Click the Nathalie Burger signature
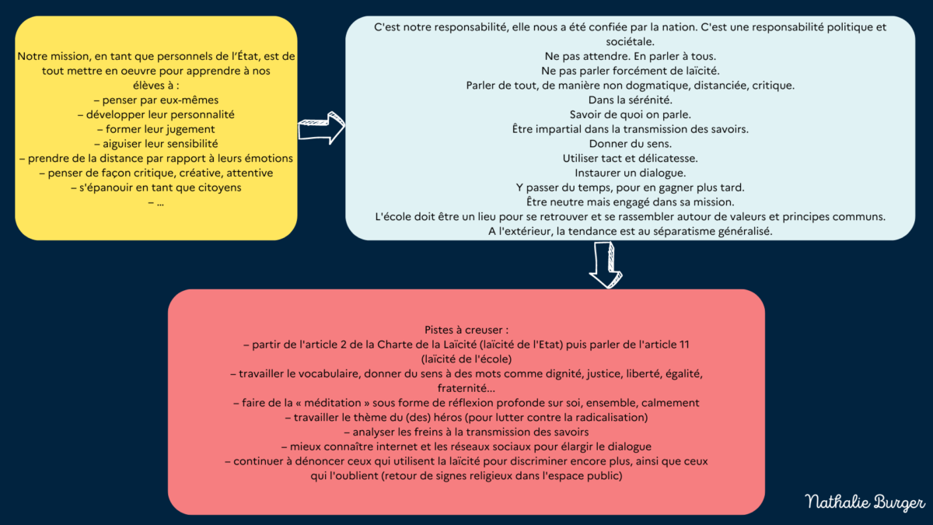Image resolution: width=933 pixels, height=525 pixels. point(865,502)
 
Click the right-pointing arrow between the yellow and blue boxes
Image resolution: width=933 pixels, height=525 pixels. point(321,128)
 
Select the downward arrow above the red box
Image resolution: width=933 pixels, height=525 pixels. point(606,265)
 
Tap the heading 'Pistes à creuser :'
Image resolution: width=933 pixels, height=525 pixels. point(466,330)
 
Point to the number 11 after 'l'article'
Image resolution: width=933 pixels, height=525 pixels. point(684,345)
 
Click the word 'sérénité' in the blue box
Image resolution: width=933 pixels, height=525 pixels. point(649,100)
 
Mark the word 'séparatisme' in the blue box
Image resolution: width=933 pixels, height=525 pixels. point(684,231)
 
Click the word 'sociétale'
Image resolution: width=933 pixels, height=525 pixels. point(630,42)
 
